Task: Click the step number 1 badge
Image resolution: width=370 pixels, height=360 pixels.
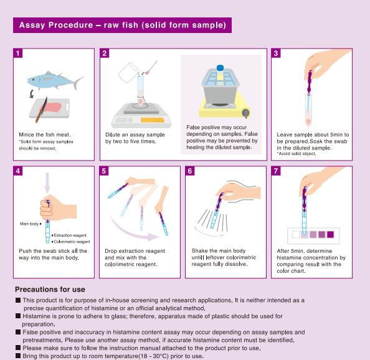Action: pyautogui.click(x=18, y=54)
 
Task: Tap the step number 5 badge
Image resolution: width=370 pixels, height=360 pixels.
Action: pyautogui.click(x=104, y=171)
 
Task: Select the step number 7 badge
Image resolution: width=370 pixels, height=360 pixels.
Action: pyautogui.click(x=276, y=171)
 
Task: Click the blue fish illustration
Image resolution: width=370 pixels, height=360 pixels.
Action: pyautogui.click(x=55, y=81)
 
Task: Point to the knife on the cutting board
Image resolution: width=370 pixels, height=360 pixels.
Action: pyautogui.click(x=41, y=110)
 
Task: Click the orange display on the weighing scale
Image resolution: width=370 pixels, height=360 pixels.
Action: pyautogui.click(x=152, y=120)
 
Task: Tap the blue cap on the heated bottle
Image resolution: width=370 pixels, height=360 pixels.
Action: pyautogui.click(x=220, y=68)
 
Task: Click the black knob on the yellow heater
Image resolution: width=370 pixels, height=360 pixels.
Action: pyautogui.click(x=245, y=113)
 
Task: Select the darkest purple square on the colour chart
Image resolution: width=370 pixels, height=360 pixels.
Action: pyautogui.click(x=330, y=234)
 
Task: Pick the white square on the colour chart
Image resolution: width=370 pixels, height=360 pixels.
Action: pyautogui.click(x=296, y=234)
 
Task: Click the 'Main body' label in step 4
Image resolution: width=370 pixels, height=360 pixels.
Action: pyautogui.click(x=29, y=224)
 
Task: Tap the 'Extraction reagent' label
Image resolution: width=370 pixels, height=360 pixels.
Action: pyautogui.click(x=70, y=235)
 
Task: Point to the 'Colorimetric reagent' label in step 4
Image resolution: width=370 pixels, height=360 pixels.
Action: pyautogui.click(x=72, y=242)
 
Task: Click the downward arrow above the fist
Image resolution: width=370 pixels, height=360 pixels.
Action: pyautogui.click(x=47, y=183)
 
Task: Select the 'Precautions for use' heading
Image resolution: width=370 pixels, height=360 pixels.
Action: pyautogui.click(x=50, y=290)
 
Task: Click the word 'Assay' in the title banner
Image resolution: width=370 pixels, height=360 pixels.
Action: pyautogui.click(x=32, y=26)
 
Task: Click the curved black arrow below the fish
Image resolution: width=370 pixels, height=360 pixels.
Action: pyautogui.click(x=32, y=93)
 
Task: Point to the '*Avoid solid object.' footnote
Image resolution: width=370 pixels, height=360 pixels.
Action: pyautogui.click(x=296, y=154)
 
